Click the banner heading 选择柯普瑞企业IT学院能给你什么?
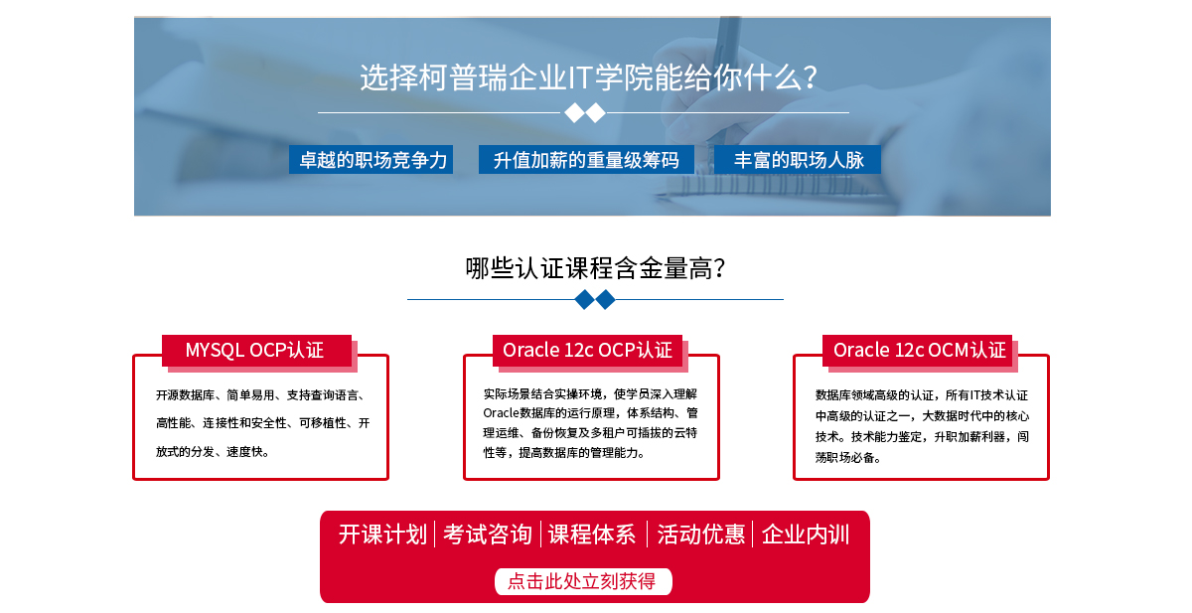[x=588, y=77]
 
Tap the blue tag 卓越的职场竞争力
[x=371, y=160]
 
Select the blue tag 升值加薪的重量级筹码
[x=586, y=160]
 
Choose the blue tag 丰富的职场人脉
[x=797, y=160]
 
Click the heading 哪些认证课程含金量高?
[x=595, y=268]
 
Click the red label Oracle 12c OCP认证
[x=587, y=350]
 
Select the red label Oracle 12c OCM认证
[x=918, y=350]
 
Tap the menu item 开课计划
[x=382, y=535]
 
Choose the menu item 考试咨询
[x=488, y=535]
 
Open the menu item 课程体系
[x=592, y=535]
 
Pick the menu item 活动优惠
[x=700, y=535]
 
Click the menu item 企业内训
[x=806, y=535]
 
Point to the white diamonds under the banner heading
[x=585, y=113]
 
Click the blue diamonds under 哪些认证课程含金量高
[x=595, y=300]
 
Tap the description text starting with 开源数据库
[x=262, y=423]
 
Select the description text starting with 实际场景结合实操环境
[x=590, y=423]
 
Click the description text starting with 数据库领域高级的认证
[x=922, y=426]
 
